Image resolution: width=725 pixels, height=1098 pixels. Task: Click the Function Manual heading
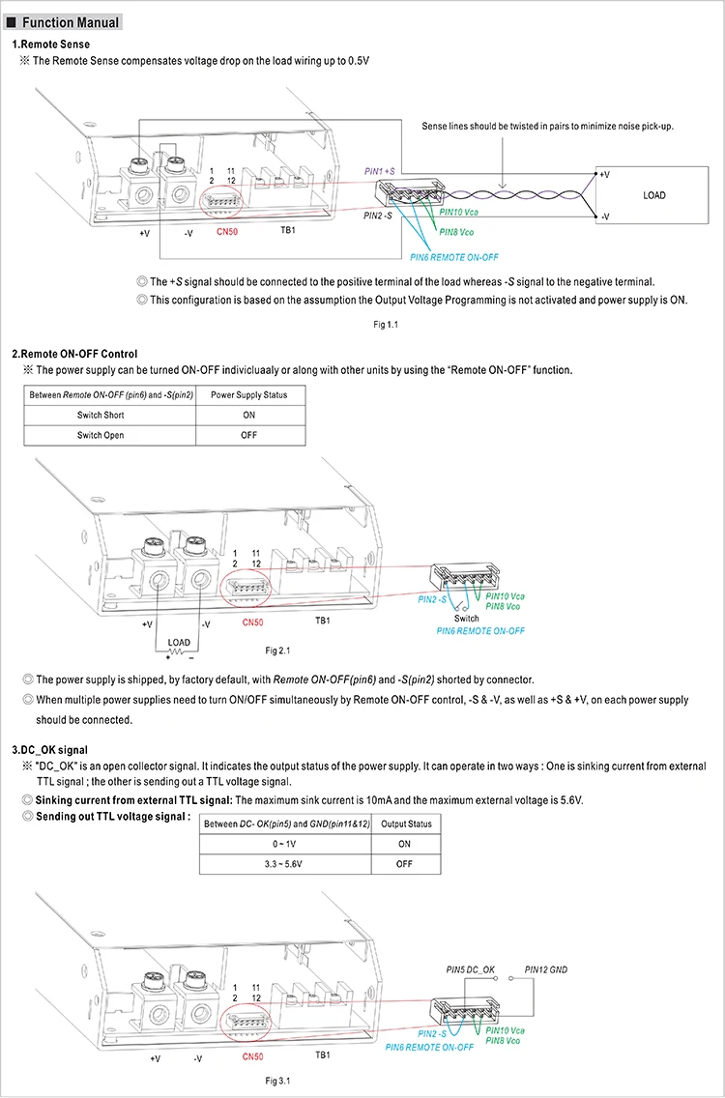[x=71, y=22]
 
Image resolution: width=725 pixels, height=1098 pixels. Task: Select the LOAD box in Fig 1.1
[x=654, y=196]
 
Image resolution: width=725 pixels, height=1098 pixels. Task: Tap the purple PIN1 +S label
[x=379, y=170]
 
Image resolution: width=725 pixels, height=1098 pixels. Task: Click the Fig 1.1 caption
[x=387, y=325]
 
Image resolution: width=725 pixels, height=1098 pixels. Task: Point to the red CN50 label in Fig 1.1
[x=227, y=232]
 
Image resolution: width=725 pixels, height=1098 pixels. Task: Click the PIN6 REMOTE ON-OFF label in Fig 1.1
[x=453, y=257]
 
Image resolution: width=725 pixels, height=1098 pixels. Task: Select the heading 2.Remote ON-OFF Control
[x=74, y=354]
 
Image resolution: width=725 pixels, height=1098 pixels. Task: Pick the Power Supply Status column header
[x=248, y=394]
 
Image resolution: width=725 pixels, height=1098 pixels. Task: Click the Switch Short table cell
[x=101, y=415]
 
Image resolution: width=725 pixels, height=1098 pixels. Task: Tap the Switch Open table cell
[x=101, y=435]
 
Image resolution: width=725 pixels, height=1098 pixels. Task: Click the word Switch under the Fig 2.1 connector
[x=467, y=619]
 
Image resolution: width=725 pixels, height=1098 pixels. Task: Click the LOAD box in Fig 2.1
[x=179, y=642]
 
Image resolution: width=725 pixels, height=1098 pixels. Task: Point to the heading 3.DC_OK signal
[x=49, y=749]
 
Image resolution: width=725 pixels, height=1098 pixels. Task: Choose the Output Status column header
[x=405, y=823]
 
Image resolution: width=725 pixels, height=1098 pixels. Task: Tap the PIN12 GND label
[x=546, y=968]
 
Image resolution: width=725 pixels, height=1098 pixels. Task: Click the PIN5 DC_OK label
[x=470, y=968]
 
